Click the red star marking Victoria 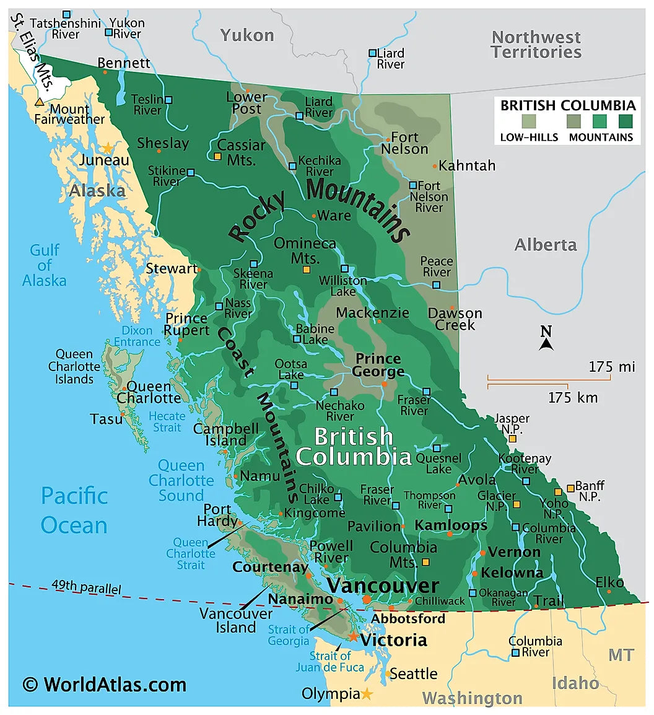(353, 636)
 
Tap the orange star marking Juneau (108, 148)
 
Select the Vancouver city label (383, 586)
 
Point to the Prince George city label (378, 366)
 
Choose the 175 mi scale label (612, 367)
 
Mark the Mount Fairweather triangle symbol (40, 102)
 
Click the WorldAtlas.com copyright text (104, 684)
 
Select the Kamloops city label (451, 525)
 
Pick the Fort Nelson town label (404, 143)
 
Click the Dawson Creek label (455, 319)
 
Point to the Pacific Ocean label (74, 510)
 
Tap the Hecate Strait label (167, 421)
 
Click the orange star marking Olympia (367, 694)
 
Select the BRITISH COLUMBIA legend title (568, 105)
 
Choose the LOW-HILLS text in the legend (529, 138)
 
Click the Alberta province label (546, 245)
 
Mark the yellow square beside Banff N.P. (570, 489)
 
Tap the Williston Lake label (342, 286)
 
